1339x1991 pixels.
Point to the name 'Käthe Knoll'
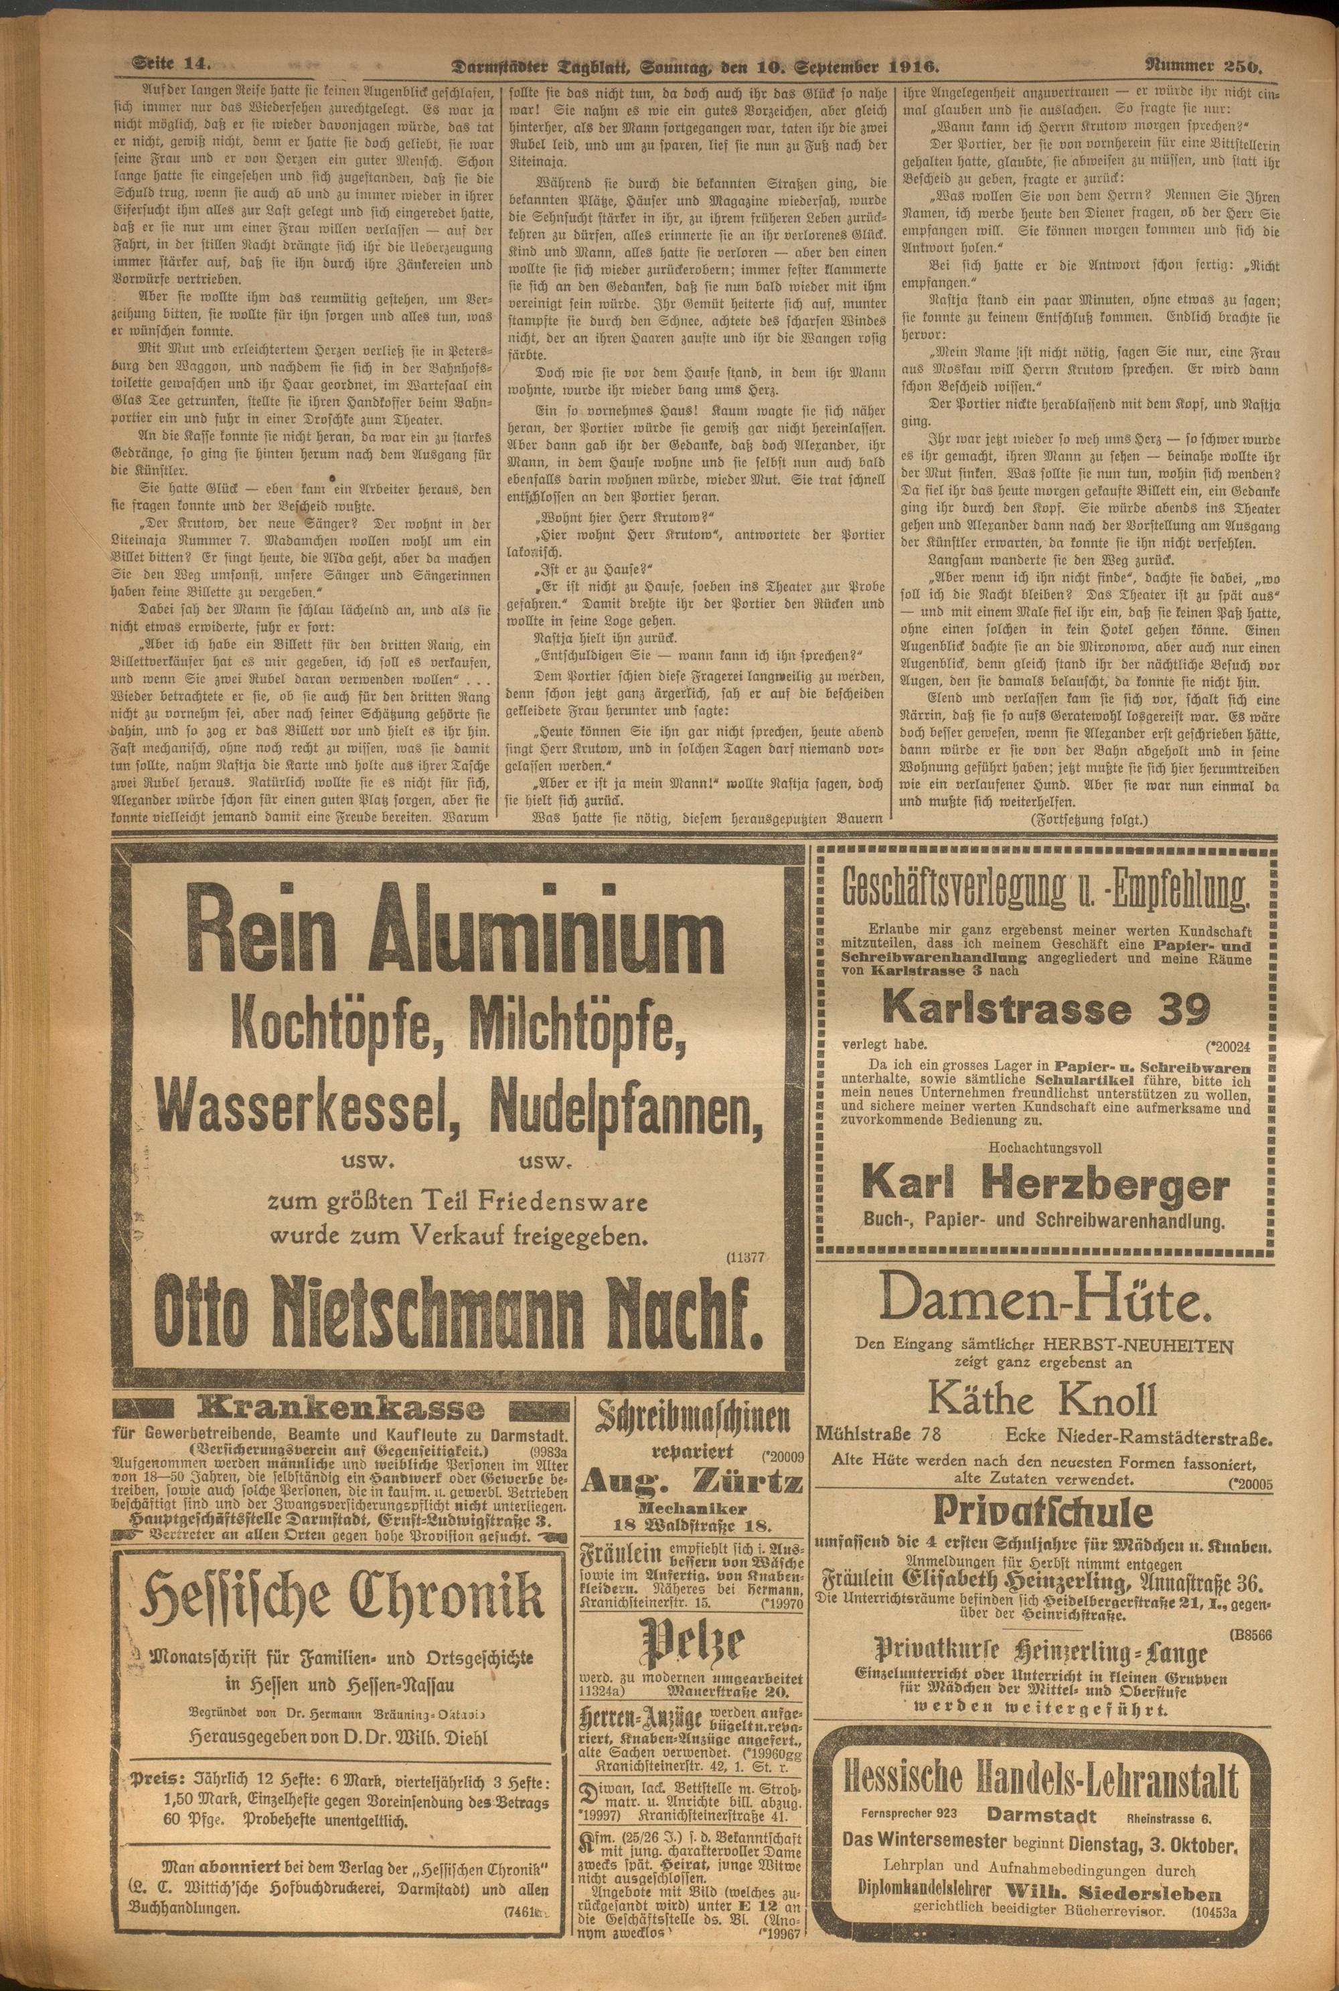click(x=1044, y=1399)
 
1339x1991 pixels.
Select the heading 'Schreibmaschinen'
click(x=694, y=1421)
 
